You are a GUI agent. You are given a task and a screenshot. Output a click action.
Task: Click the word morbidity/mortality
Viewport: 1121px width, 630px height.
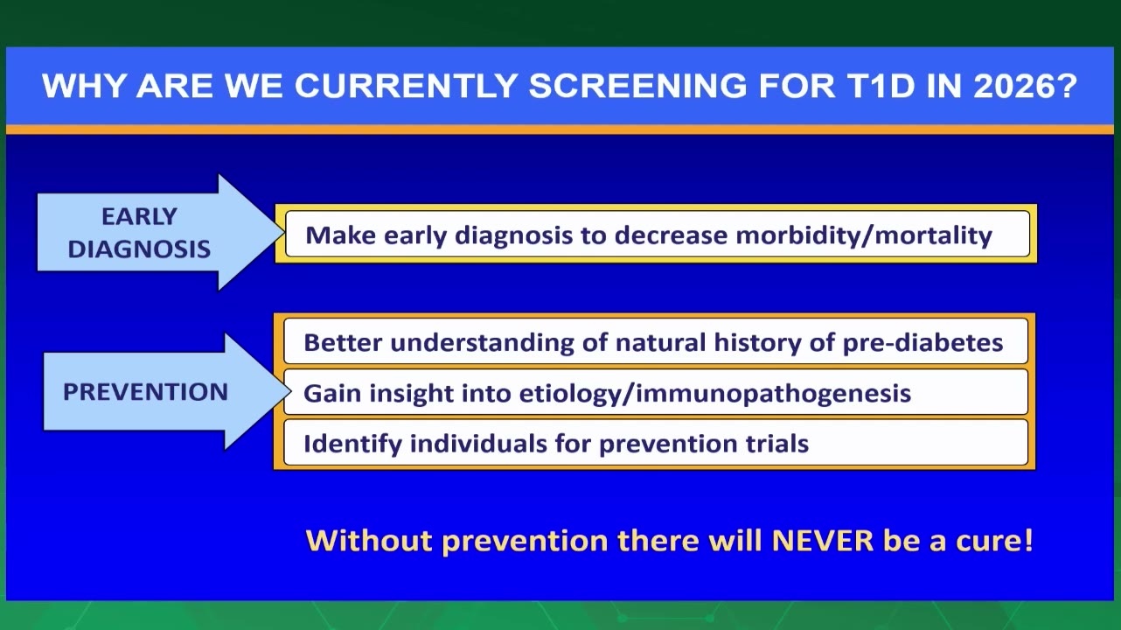coord(864,235)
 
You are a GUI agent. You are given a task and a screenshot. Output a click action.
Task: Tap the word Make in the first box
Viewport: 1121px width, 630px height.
coord(341,235)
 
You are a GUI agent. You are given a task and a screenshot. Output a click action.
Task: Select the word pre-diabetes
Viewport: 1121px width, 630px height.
coord(923,343)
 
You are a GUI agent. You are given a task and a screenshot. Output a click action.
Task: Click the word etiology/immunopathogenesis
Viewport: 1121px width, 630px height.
coord(714,394)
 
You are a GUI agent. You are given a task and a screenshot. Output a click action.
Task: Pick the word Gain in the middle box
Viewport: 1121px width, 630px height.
coord(332,394)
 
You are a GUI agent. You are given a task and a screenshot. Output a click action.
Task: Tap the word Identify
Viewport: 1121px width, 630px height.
coord(352,444)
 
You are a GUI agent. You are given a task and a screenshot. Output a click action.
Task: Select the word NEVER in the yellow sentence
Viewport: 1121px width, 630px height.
coord(822,541)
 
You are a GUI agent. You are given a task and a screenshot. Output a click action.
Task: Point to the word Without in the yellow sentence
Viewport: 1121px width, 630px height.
coord(369,541)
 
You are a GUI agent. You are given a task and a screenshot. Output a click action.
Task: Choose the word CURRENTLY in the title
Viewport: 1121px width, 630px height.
coord(406,86)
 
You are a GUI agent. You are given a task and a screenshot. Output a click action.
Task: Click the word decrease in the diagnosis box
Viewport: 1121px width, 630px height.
coord(671,235)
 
